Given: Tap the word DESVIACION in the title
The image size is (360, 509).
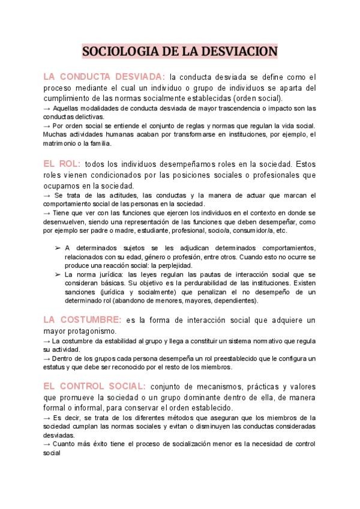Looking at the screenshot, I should click(x=242, y=51).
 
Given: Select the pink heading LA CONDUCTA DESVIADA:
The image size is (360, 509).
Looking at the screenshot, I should click(x=103, y=77).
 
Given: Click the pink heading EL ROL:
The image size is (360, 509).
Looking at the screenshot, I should click(x=62, y=163).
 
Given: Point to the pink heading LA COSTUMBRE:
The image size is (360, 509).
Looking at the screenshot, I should click(x=82, y=320).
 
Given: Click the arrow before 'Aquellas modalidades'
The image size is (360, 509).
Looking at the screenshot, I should click(x=47, y=108).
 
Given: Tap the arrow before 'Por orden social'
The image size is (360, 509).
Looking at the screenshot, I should click(x=47, y=126).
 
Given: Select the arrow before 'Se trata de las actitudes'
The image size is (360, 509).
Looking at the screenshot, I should click(x=47, y=195).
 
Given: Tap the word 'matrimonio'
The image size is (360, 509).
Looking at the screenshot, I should click(x=59, y=143).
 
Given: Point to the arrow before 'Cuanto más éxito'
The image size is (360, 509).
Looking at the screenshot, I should click(x=47, y=444).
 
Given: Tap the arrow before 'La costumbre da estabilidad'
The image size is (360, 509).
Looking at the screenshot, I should click(x=47, y=341).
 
